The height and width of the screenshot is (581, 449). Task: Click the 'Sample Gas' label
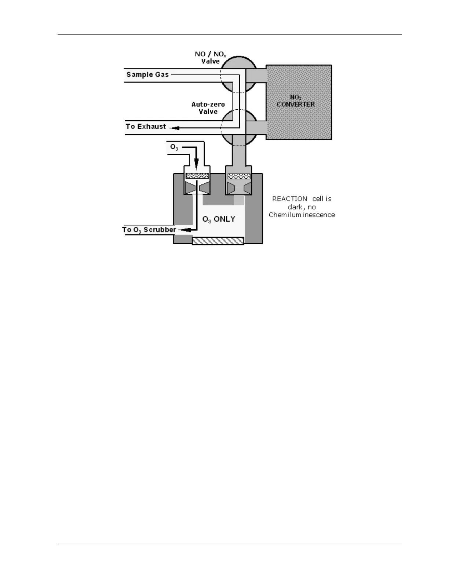point(147,75)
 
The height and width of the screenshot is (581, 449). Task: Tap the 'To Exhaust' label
point(146,127)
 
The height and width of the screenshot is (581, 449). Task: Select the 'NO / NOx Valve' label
point(211,58)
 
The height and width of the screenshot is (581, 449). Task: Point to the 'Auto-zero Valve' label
point(208,108)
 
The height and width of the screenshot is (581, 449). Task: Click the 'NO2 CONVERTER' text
point(296,101)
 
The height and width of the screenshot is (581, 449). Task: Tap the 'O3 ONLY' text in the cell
point(219,219)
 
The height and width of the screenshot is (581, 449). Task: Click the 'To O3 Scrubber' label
point(149,230)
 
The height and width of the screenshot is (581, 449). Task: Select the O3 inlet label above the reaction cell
point(174,147)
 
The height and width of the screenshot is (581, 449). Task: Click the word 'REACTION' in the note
point(290,199)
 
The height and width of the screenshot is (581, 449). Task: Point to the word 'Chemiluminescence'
point(302,215)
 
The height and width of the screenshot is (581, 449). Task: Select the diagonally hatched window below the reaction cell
point(218,241)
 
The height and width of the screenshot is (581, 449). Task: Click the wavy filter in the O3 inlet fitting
point(197,176)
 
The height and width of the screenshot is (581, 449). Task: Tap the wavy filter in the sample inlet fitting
point(239,176)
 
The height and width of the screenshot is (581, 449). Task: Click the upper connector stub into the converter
point(256,76)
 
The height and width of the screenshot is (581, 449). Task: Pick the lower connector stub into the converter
point(256,128)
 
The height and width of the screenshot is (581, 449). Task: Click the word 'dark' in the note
point(295,207)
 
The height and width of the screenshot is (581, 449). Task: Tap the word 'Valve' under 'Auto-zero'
point(208,112)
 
